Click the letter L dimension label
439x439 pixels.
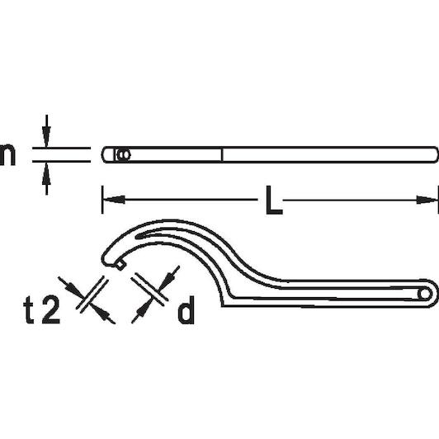274,200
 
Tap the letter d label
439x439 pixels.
186,309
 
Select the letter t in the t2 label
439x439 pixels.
29,310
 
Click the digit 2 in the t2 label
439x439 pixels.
50,310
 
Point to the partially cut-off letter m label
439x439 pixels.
7,154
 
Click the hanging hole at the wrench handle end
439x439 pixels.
424,294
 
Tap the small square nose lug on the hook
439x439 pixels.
120,265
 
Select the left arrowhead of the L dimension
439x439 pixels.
114,200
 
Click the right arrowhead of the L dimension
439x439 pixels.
427,200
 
